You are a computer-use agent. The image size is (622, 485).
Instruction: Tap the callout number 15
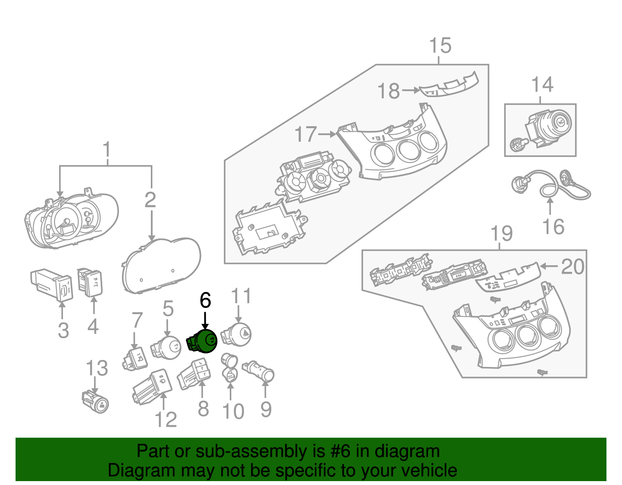point(440,46)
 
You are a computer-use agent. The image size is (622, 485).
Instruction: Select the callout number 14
point(542,85)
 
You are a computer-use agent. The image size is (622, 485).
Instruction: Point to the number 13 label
point(97,368)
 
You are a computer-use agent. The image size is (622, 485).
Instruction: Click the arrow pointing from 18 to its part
point(411,90)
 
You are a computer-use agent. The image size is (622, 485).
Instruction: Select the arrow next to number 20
point(549,266)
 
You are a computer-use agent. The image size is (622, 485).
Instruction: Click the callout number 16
point(553,227)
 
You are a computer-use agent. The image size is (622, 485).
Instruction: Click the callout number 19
point(501,234)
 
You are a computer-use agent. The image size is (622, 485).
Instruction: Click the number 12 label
point(166,420)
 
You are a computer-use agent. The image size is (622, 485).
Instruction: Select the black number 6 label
point(205,300)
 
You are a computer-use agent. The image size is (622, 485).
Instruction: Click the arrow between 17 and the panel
point(327,134)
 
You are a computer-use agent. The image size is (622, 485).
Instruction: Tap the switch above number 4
point(90,282)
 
